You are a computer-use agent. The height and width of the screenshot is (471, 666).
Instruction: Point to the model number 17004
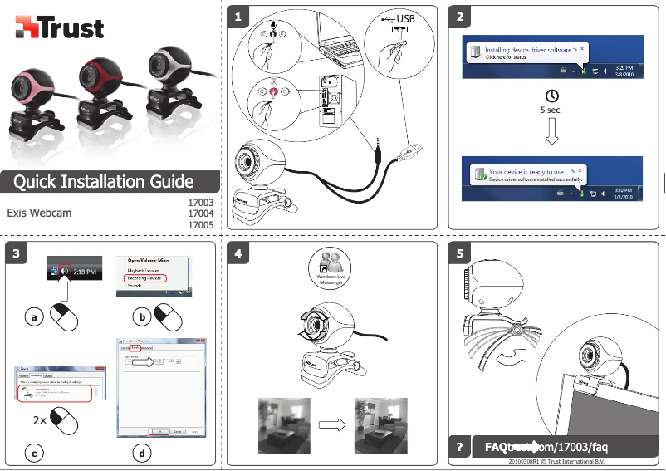pos(202,213)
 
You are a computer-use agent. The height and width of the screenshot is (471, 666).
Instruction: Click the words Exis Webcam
pos(39,213)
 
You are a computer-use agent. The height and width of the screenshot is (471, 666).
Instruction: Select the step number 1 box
pos(239,17)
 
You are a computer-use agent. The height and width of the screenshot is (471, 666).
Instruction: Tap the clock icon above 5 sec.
pos(551,96)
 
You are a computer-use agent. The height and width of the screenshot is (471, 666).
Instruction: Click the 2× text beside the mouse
pos(40,420)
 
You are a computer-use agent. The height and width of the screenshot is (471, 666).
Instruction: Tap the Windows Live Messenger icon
pos(331,267)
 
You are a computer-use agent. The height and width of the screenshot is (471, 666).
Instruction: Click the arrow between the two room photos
pos(331,425)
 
